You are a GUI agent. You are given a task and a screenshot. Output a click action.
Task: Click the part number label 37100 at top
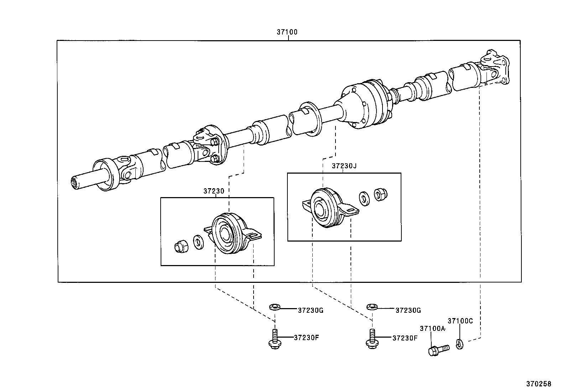(x=287, y=32)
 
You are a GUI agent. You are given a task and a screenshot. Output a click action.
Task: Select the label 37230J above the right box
(x=344, y=166)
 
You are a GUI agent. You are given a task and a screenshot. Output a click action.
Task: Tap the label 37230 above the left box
(x=214, y=191)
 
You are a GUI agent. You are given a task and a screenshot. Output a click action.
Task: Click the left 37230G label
(x=310, y=310)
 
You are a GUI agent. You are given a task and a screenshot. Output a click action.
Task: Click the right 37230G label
(x=408, y=310)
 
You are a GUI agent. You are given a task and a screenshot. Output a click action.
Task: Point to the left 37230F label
(x=306, y=337)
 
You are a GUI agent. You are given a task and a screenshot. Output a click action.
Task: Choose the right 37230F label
(x=405, y=338)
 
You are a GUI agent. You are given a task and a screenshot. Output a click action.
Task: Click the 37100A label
(x=432, y=329)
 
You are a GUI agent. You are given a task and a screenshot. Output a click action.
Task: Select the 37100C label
(x=460, y=321)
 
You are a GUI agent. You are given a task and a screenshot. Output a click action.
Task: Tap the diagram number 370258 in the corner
(x=539, y=384)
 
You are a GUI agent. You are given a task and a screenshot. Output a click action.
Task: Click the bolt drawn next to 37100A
(x=438, y=349)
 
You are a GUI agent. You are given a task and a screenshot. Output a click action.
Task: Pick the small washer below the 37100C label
(x=459, y=344)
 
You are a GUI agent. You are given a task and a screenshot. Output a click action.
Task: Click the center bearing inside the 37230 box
(x=228, y=233)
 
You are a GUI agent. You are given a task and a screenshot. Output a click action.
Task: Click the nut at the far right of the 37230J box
(x=380, y=194)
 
